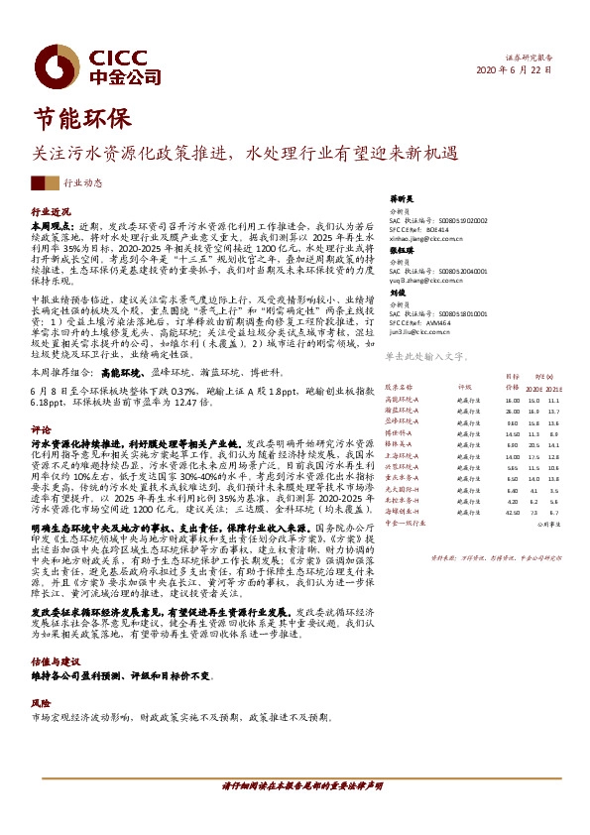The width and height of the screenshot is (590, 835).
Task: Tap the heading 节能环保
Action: click(x=82, y=117)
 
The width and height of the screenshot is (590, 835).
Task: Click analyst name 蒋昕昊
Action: click(x=400, y=198)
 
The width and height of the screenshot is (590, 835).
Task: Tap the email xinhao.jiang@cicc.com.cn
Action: click(x=425, y=239)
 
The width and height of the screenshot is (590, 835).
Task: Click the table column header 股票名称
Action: click(x=399, y=388)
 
